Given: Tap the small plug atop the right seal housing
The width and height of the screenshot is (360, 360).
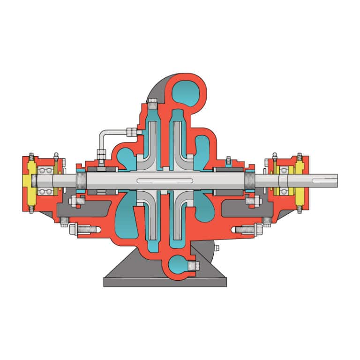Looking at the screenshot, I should (x=228, y=161).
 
